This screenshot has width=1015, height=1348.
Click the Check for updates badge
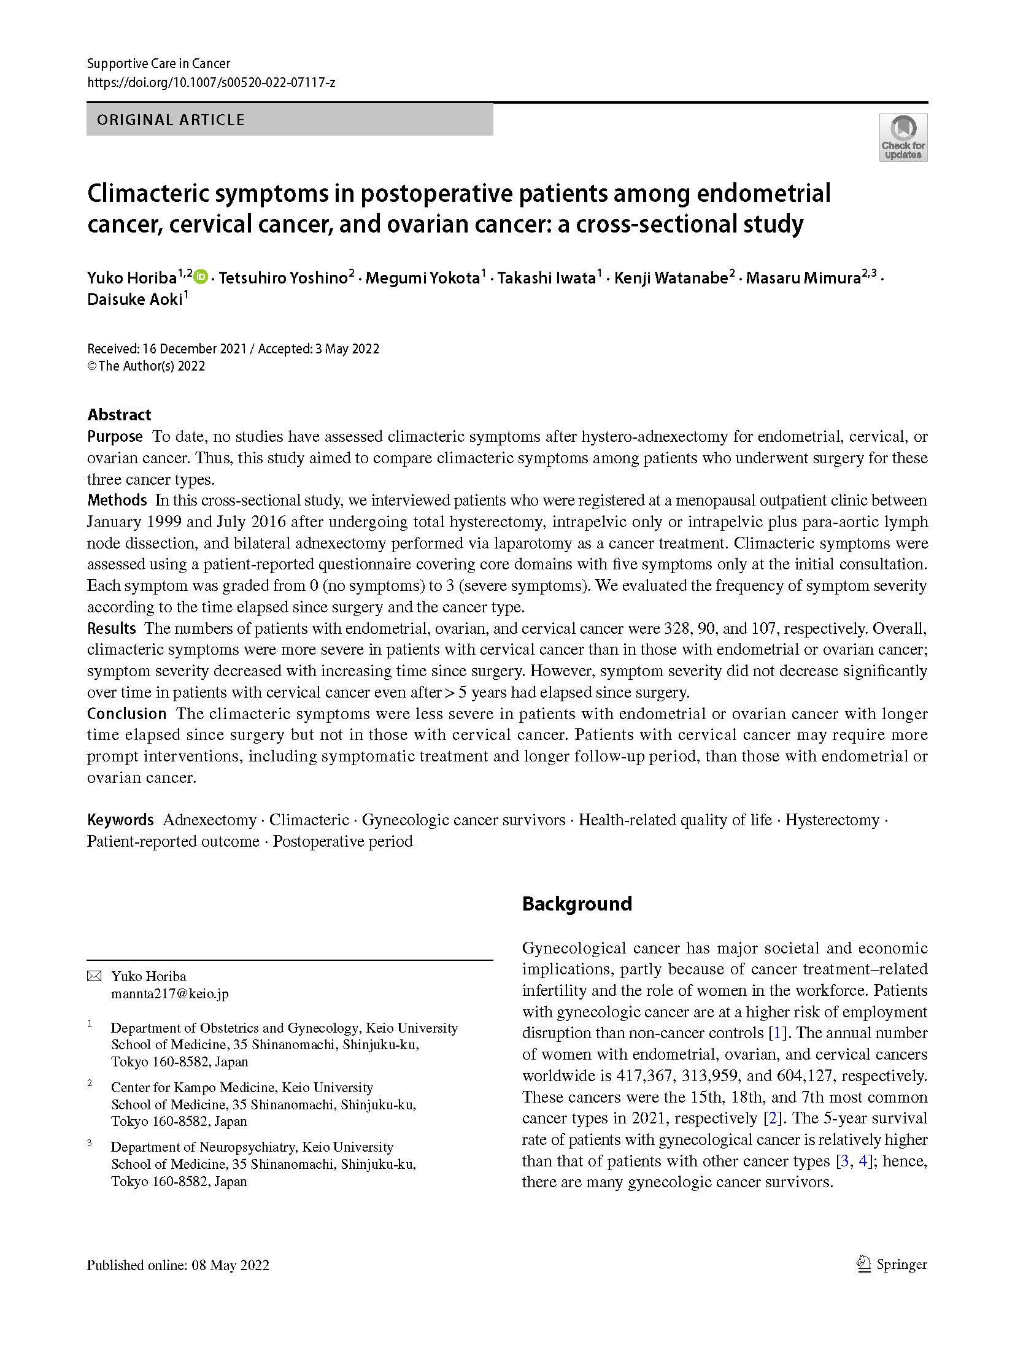pyautogui.click(x=903, y=137)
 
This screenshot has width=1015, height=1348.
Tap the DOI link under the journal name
pyautogui.click(x=210, y=82)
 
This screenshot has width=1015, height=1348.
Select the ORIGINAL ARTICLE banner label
pyautogui.click(x=171, y=120)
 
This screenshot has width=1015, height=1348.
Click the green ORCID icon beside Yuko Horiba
pyautogui.click(x=201, y=277)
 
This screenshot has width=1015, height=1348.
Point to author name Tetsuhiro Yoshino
pyautogui.click(x=283, y=278)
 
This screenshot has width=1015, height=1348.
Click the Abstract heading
pyautogui.click(x=119, y=414)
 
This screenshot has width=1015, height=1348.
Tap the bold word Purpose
pyautogui.click(x=115, y=436)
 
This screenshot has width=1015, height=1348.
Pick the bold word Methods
pyautogui.click(x=117, y=500)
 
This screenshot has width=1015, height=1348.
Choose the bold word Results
pyautogui.click(x=111, y=628)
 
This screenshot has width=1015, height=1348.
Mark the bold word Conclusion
pyautogui.click(x=126, y=714)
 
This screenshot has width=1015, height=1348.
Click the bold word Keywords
pyautogui.click(x=120, y=820)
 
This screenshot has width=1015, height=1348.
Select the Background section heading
pyautogui.click(x=577, y=904)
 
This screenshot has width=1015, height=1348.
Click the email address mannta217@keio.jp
pyautogui.click(x=169, y=993)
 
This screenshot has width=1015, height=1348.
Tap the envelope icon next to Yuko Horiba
pyautogui.click(x=94, y=976)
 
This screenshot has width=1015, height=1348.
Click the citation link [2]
pyautogui.click(x=772, y=1118)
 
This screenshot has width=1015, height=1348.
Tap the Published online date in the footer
pyautogui.click(x=178, y=1265)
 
